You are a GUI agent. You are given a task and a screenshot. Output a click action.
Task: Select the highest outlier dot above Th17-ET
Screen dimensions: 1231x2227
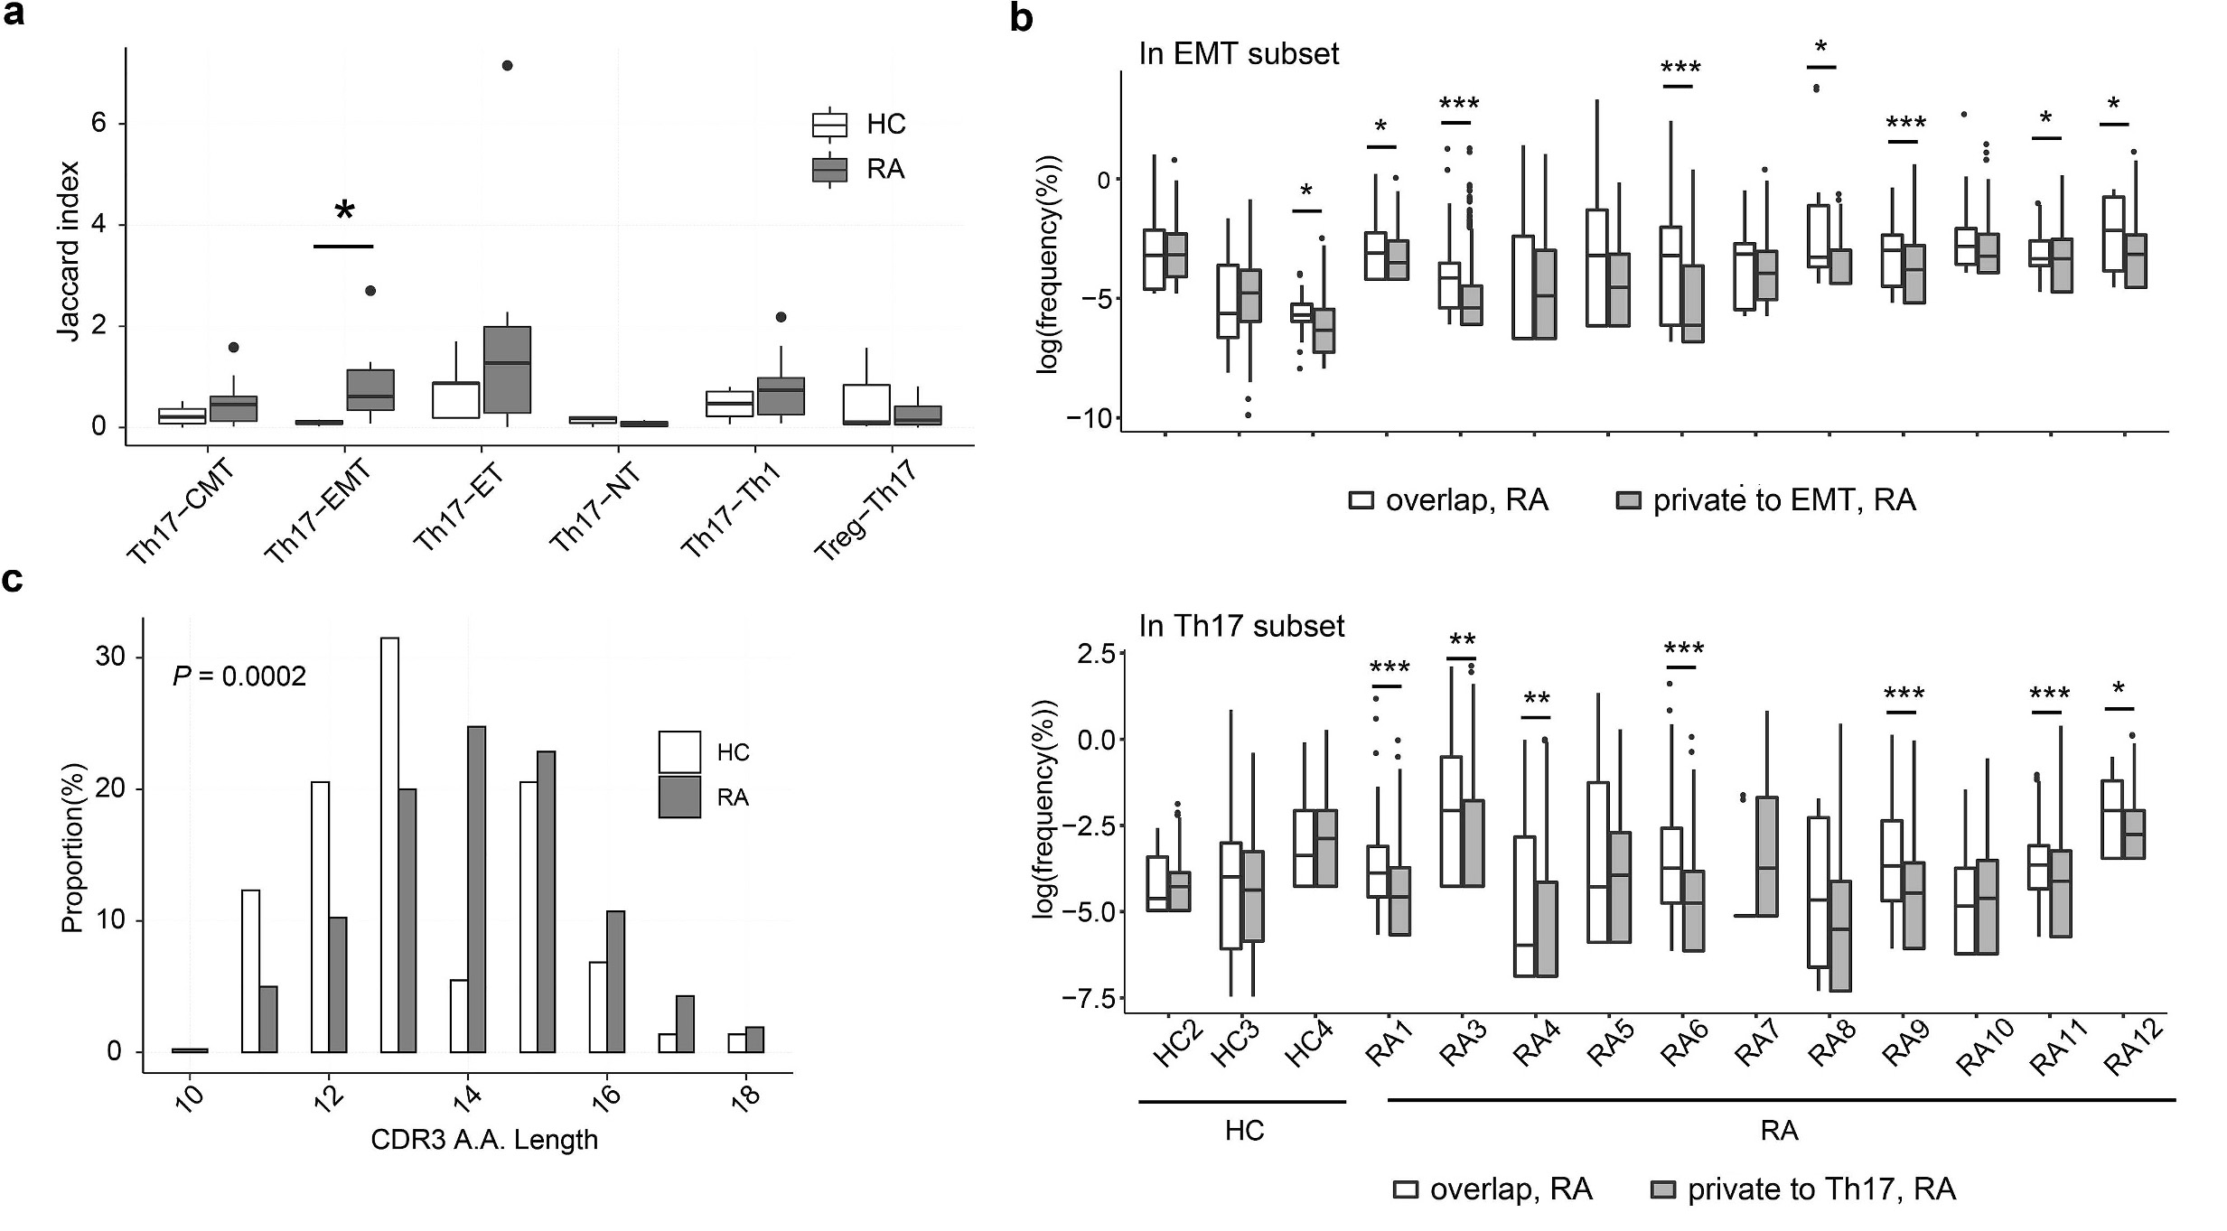coord(507,65)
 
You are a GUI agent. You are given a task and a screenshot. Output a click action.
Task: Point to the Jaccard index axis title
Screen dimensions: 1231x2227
coord(69,251)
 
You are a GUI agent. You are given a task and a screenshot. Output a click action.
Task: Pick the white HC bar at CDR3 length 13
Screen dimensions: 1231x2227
coord(389,844)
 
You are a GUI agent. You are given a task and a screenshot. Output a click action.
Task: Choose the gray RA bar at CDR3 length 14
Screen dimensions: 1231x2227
coord(476,889)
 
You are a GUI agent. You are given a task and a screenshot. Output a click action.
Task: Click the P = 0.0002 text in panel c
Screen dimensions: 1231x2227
coord(239,676)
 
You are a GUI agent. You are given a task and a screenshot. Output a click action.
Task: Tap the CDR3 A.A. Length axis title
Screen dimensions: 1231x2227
coord(484,1140)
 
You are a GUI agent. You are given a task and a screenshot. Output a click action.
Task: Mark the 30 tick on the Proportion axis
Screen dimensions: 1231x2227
coord(110,657)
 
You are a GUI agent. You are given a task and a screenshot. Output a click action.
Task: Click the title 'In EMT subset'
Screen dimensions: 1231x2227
coord(1239,54)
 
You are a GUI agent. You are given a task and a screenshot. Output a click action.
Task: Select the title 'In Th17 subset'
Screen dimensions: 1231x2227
coord(1241,626)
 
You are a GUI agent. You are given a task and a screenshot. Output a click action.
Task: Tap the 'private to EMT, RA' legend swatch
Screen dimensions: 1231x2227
coord(1628,500)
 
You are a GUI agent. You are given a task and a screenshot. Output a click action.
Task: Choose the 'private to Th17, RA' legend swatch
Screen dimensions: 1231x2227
coord(1662,1189)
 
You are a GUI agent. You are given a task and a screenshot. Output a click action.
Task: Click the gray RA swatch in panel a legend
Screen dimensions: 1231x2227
coord(829,170)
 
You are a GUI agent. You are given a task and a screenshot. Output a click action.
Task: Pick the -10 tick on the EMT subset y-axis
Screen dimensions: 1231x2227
coord(1088,418)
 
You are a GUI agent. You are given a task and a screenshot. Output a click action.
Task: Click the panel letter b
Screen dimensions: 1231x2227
coord(1021,18)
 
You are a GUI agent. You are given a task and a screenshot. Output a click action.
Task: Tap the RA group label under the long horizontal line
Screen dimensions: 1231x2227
coord(1779,1131)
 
